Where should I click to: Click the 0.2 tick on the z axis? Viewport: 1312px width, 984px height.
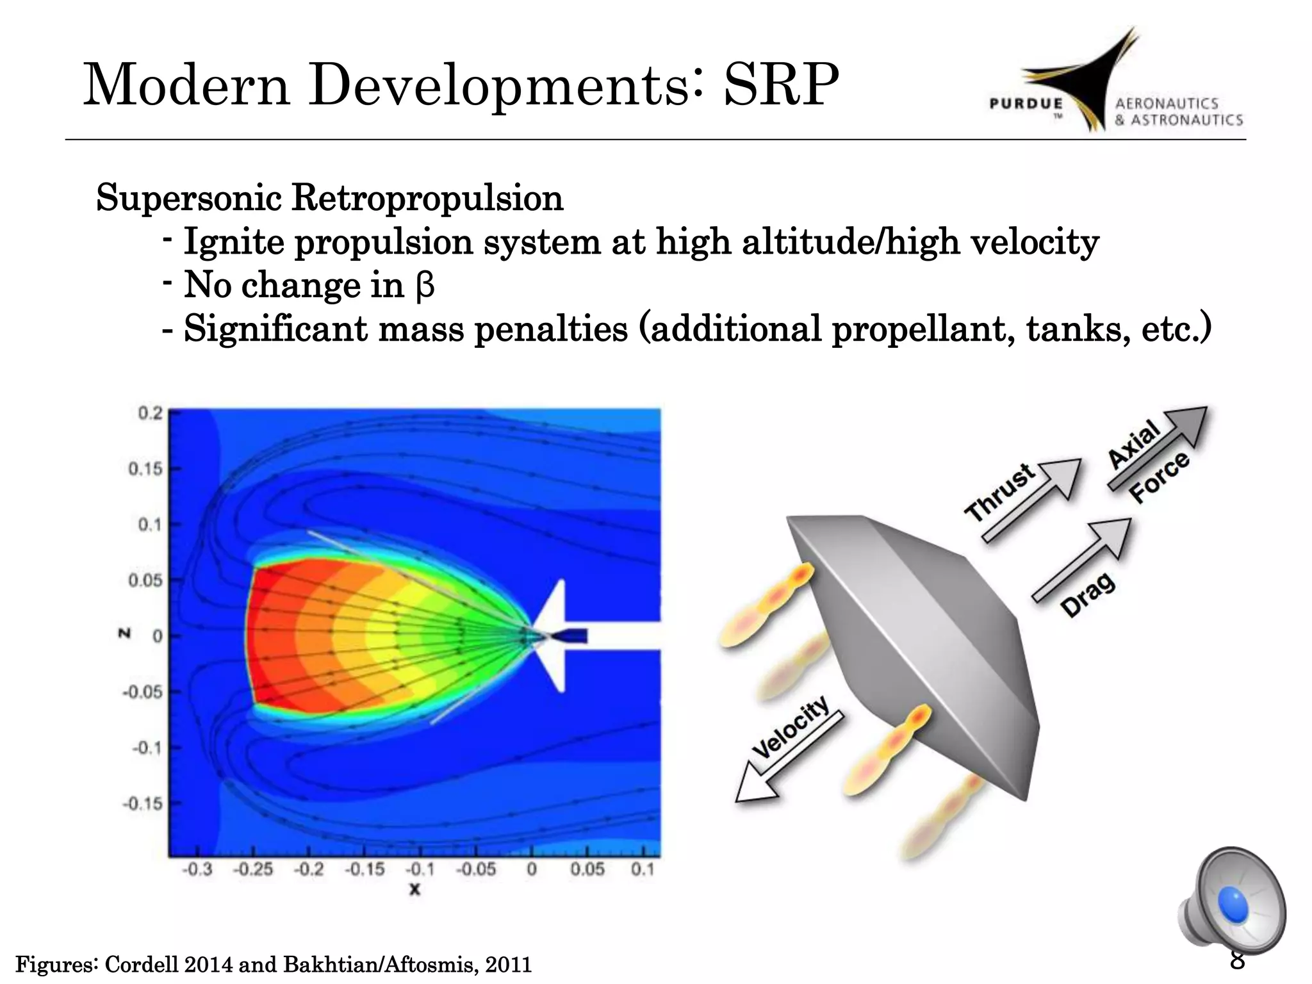click(x=151, y=413)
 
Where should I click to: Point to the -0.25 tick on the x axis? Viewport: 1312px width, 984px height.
click(x=252, y=869)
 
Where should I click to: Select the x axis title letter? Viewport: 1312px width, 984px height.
click(x=415, y=889)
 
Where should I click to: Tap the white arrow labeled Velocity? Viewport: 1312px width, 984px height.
click(x=788, y=756)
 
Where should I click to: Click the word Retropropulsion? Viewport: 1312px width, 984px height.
click(x=427, y=198)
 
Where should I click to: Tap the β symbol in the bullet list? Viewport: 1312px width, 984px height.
click(x=425, y=286)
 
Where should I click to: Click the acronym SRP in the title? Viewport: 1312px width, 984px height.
click(x=780, y=85)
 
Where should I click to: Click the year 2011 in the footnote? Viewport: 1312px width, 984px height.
click(x=509, y=964)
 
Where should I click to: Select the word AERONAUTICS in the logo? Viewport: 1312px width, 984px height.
click(x=1166, y=104)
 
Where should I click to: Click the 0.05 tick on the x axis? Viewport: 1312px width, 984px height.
click(x=587, y=869)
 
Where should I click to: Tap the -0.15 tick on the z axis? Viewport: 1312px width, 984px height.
click(x=142, y=803)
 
